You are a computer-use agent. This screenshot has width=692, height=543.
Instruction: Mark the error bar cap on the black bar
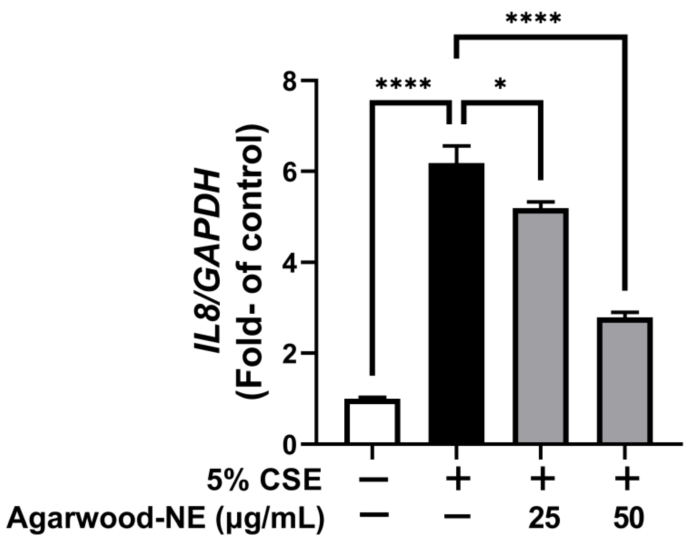point(457,146)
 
